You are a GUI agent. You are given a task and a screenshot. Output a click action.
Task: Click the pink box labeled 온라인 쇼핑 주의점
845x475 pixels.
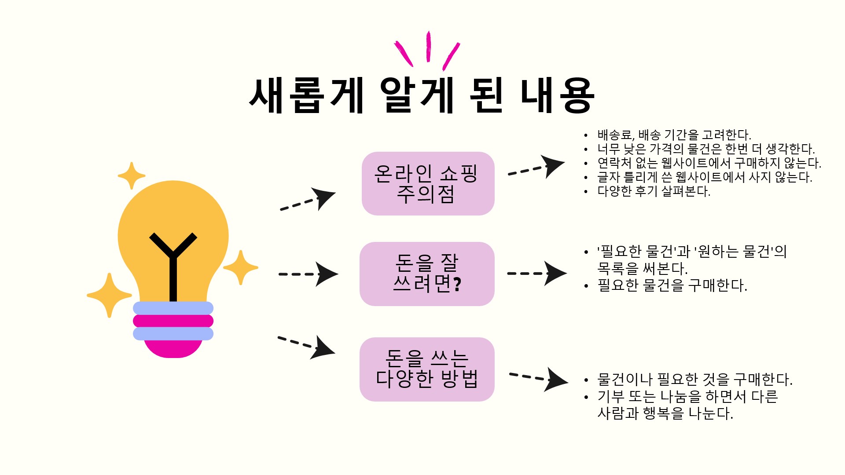click(x=428, y=183)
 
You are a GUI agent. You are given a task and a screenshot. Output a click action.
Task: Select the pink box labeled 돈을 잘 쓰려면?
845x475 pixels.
click(x=427, y=274)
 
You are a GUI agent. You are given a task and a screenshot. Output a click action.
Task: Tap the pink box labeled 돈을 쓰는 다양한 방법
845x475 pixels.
click(x=427, y=369)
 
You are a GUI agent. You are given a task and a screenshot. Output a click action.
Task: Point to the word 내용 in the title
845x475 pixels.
click(x=557, y=96)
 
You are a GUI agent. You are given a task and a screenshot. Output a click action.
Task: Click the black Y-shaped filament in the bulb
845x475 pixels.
click(x=173, y=264)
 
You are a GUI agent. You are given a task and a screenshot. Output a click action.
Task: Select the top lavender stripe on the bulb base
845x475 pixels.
click(x=173, y=308)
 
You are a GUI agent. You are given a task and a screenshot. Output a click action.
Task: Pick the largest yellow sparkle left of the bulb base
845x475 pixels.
click(x=109, y=295)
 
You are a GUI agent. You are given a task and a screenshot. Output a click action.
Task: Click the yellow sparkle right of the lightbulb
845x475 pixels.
click(x=240, y=267)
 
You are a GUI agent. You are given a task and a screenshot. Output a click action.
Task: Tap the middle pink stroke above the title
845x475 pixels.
click(x=428, y=46)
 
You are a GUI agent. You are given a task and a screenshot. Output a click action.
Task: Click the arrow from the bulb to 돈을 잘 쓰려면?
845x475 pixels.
click(x=308, y=274)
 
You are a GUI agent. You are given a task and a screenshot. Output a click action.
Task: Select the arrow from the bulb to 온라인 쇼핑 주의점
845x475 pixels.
click(x=308, y=200)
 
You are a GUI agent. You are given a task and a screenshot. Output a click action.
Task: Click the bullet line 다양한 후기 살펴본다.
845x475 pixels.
click(x=654, y=192)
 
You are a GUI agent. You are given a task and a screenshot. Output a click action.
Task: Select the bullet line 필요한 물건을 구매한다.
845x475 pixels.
click(x=672, y=286)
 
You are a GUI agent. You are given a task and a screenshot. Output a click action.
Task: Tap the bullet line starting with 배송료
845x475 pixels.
click(x=674, y=135)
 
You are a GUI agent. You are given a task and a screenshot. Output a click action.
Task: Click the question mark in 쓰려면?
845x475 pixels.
click(x=457, y=285)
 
